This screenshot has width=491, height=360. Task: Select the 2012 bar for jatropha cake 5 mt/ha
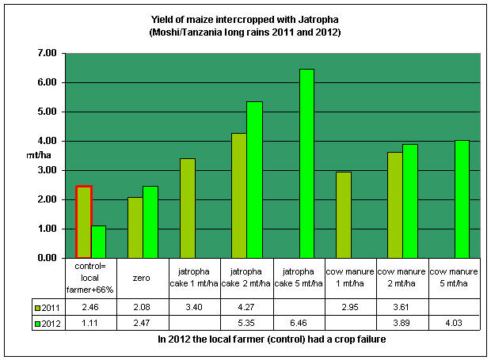[306, 164]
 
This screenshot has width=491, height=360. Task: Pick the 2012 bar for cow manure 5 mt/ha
[462, 199]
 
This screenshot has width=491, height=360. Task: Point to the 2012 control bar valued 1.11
[99, 242]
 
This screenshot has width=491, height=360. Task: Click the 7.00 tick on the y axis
[46, 53]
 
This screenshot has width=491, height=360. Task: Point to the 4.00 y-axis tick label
[46, 141]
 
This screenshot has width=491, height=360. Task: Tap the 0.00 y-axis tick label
[46, 258]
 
